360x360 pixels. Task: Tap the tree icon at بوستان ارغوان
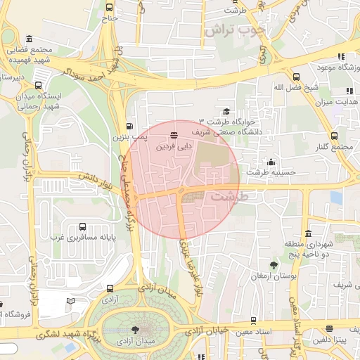click(x=274, y=265)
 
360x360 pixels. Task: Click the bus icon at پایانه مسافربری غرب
click(x=83, y=226)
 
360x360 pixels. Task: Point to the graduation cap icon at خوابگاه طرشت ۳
click(x=226, y=111)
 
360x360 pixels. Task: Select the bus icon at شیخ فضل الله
click(x=296, y=76)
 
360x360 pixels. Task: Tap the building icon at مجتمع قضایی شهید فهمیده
click(x=29, y=39)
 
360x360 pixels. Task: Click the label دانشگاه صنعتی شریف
click(x=251, y=131)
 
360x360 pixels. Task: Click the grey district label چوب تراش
click(x=233, y=31)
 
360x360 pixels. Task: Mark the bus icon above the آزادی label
click(x=109, y=288)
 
